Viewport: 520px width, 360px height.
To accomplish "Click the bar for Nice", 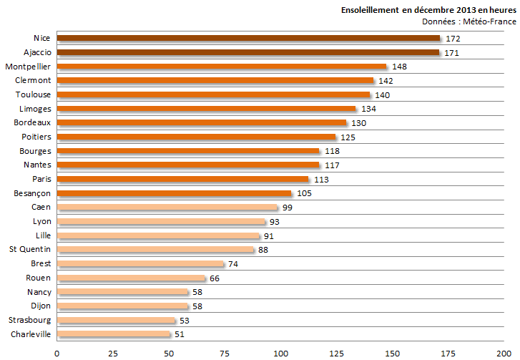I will click(x=248, y=39).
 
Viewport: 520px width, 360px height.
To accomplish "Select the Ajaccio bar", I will click(x=247, y=52).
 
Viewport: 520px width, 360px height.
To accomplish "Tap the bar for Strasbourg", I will click(x=116, y=320).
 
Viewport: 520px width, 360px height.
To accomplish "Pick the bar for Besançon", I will click(x=174, y=193).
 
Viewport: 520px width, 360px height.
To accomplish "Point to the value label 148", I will click(x=399, y=67).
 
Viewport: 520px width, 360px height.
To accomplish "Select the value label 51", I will click(x=180, y=334).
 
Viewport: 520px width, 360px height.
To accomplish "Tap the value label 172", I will click(x=453, y=39).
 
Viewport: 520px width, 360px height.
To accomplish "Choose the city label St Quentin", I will click(x=29, y=249).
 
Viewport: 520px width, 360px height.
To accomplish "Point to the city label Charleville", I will click(x=30, y=334).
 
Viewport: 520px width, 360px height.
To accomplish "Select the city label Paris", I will click(x=41, y=179).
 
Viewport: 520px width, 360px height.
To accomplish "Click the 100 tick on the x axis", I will click(x=280, y=353).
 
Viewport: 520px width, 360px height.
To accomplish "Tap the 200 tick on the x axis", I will click(x=504, y=353).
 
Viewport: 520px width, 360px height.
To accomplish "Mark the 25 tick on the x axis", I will click(x=112, y=353).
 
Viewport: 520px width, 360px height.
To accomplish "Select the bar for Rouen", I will click(x=131, y=278).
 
